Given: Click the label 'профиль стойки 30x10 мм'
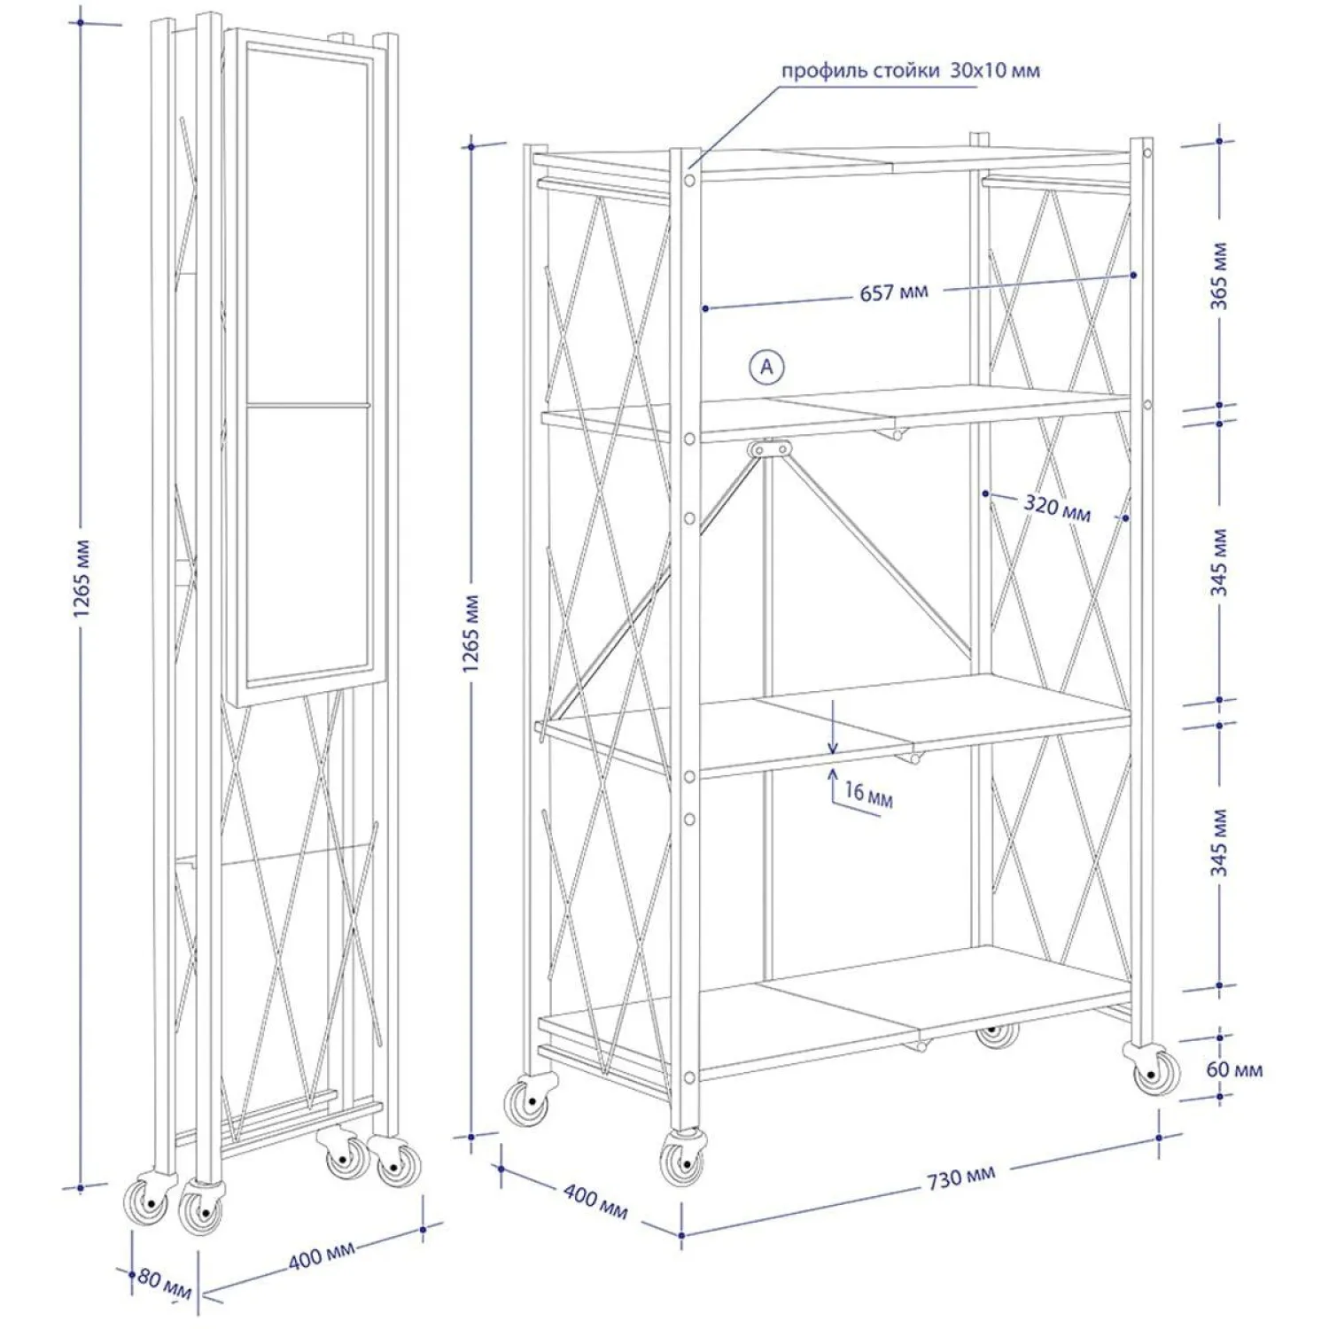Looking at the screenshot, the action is tap(910, 71).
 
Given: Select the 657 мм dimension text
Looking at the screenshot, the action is tap(894, 291).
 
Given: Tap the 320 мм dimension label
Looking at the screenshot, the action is tap(1057, 509).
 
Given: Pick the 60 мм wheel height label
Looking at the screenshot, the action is tap(1234, 1069).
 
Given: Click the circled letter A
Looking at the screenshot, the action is tap(767, 366).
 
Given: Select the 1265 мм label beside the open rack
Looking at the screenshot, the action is tap(471, 634).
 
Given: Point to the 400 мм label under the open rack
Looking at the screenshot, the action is tap(595, 1201).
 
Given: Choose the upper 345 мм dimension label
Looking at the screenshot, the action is tap(1220, 563).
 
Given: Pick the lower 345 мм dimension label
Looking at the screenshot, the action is tap(1220, 843).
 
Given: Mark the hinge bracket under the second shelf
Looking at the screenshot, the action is tap(769, 450).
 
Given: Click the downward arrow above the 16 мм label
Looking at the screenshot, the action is tap(833, 726).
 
